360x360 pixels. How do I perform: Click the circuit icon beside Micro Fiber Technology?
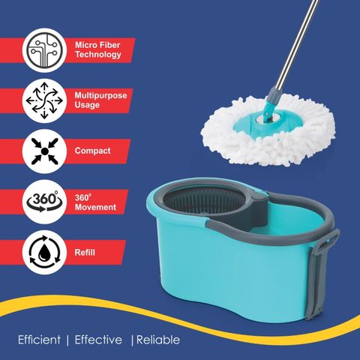coord(44,50)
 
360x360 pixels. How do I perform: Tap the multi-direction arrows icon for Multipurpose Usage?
coord(44,100)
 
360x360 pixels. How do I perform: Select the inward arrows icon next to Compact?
coord(44,151)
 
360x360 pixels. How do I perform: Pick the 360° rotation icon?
coord(44,201)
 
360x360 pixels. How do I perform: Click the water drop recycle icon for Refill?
coord(44,252)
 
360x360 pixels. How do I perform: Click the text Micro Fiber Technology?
coord(98,49)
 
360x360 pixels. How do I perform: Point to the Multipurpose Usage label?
coord(100,100)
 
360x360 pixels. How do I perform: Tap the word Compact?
coord(92,151)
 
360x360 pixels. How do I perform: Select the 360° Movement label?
coord(95,202)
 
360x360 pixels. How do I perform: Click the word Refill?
coord(85,252)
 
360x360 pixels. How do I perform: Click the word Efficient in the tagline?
coord(39,340)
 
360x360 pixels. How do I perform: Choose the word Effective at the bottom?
coord(98,340)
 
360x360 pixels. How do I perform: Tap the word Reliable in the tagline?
coord(158,340)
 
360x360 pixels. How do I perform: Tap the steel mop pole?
coord(297,43)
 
